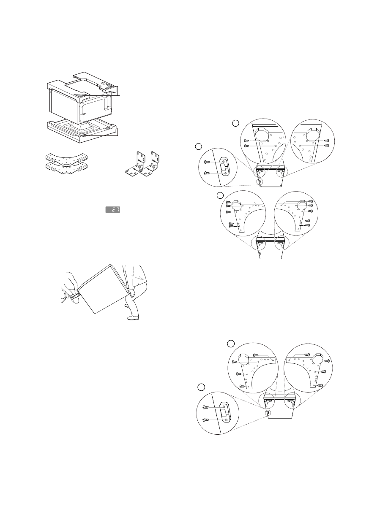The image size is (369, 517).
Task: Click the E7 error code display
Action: (x=112, y=209)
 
